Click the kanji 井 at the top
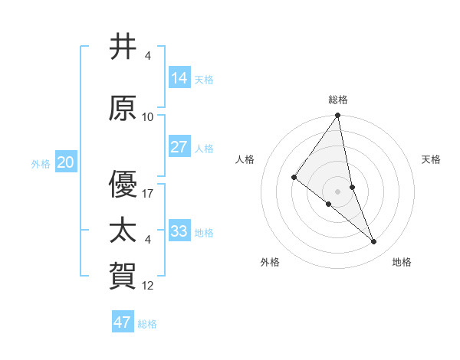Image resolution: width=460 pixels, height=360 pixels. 123,47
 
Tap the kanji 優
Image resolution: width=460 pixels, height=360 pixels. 123,185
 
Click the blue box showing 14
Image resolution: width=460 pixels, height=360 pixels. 179,78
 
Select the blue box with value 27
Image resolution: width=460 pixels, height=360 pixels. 179,147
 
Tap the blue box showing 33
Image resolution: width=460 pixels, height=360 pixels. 179,231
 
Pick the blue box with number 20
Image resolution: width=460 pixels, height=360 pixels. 66,162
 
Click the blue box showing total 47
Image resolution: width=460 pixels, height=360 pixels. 123,322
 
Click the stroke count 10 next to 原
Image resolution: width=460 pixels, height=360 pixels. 148,117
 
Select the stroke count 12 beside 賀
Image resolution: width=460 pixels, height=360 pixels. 148,286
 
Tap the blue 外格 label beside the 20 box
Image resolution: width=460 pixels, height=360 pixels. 41,163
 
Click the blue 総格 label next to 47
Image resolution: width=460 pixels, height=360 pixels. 147,324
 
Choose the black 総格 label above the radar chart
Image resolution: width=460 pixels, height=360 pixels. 338,100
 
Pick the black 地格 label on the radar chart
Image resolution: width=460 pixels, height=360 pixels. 402,262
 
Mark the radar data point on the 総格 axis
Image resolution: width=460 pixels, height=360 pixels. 338,116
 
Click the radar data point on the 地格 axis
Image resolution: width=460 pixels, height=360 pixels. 374,241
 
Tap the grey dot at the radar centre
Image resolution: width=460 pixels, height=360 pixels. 338,191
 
